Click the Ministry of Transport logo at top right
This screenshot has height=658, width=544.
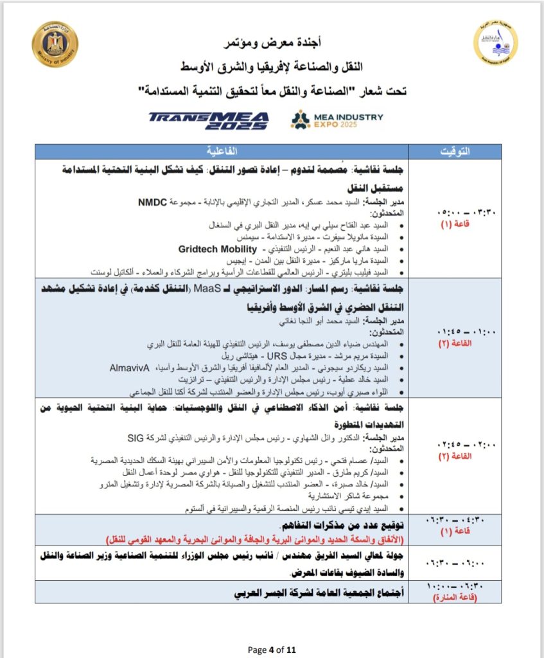click(495, 42)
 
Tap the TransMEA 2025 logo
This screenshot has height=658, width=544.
click(207, 120)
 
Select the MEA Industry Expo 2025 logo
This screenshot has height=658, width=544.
click(337, 120)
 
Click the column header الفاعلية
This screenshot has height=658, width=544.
click(222, 152)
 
